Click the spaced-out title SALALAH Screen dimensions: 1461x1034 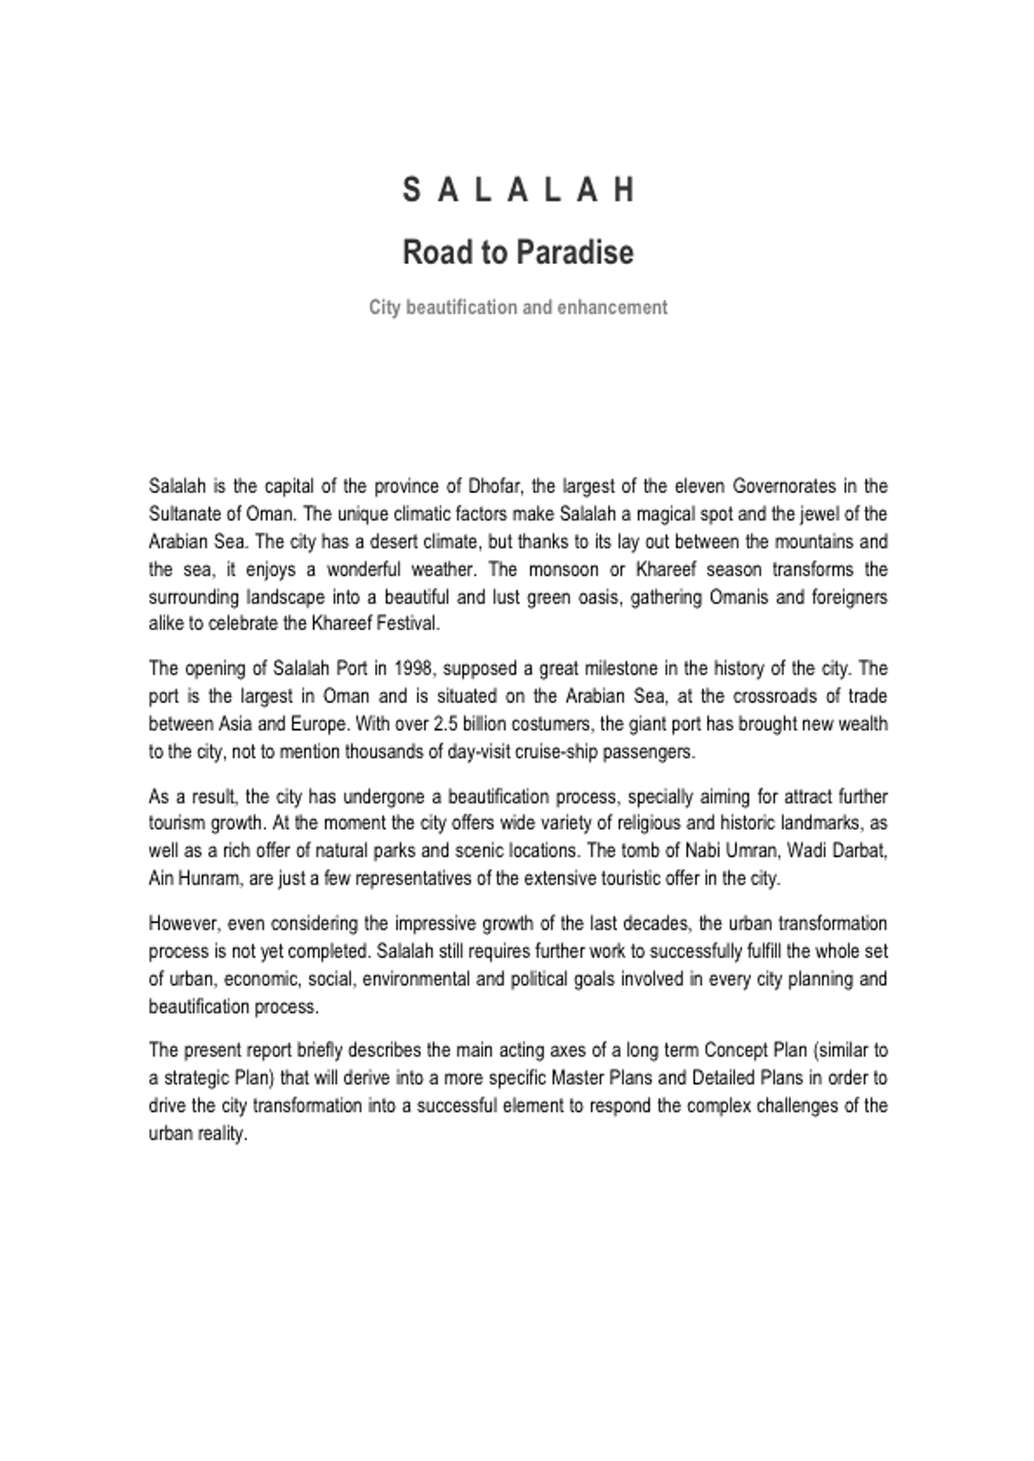[518, 190]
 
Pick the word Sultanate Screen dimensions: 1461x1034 [186, 514]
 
